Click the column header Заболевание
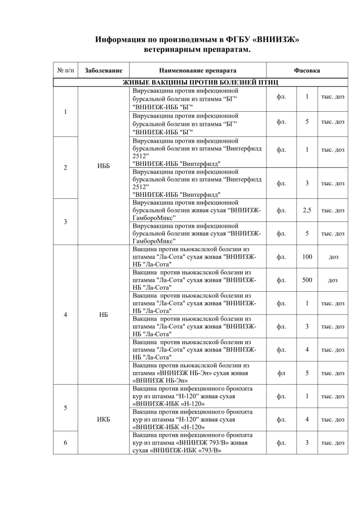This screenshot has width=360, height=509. click(x=103, y=70)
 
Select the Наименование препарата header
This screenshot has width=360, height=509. click(x=198, y=70)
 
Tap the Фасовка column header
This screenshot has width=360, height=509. click(x=307, y=70)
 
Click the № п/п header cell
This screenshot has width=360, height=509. click(x=65, y=70)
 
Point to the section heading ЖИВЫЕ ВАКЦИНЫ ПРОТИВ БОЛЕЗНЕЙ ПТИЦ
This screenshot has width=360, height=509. click(x=200, y=82)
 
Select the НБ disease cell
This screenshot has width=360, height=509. click(x=103, y=315)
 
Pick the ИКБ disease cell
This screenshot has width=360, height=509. click(x=103, y=419)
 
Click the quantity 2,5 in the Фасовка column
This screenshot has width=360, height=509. click(x=307, y=210)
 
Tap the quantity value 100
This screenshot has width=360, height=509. click(x=307, y=257)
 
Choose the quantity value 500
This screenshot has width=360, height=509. click(x=307, y=280)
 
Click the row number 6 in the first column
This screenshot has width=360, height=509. click(x=65, y=442)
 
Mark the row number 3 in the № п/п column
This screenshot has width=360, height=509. click(x=65, y=221)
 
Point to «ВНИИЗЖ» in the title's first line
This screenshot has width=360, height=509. click(x=277, y=40)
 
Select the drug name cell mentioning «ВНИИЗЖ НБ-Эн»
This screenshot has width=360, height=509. click(x=198, y=373)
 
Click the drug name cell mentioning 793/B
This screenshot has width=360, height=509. click(x=198, y=442)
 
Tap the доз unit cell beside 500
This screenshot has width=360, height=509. click(x=333, y=280)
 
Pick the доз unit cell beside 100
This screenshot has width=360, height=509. click(x=333, y=257)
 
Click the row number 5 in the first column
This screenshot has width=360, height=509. click(x=65, y=408)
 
